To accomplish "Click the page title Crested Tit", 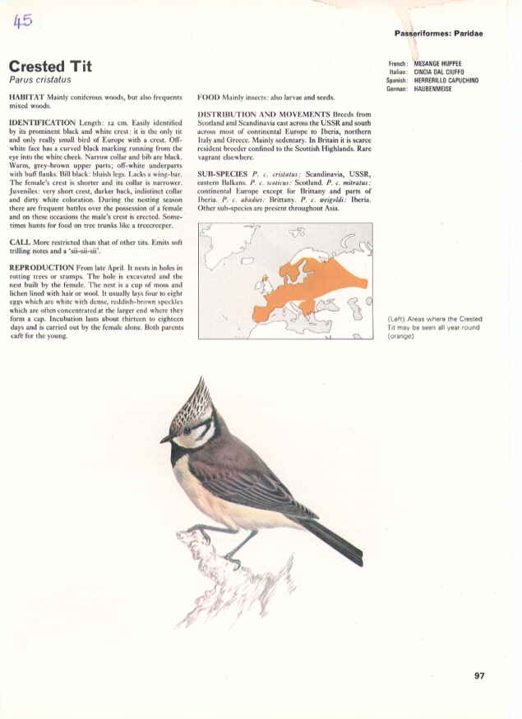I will (50, 66).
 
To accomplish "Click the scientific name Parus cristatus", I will (38, 81).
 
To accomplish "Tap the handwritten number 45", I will (22, 22).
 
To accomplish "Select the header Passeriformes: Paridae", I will (439, 34).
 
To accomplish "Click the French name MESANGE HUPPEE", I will (437, 63).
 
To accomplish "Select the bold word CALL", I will (20, 243).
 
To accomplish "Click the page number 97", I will (480, 676).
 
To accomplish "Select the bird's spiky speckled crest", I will (195, 403).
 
